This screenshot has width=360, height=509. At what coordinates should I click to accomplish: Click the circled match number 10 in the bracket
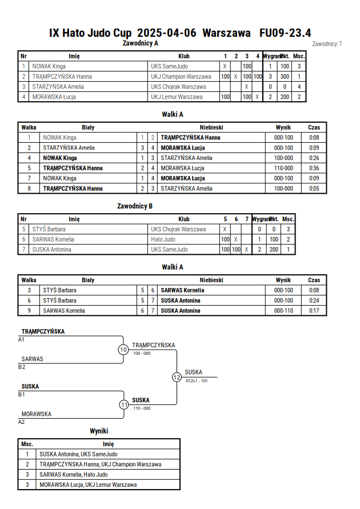pyautogui.click(x=123, y=350)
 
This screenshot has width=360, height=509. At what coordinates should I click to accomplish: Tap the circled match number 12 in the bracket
pyautogui.click(x=177, y=377)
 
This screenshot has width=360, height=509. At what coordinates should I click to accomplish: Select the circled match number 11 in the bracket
pyautogui.click(x=124, y=405)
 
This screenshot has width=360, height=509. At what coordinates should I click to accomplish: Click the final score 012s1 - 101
pyautogui.click(x=197, y=381)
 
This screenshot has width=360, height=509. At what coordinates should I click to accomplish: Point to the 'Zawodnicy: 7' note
pyautogui.click(x=327, y=44)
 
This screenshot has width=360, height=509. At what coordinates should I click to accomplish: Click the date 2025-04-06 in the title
pyautogui.click(x=167, y=33)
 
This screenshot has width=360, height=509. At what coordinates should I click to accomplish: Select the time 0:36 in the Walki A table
pyautogui.click(x=314, y=168)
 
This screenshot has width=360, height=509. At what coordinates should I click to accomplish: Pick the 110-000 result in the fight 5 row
pyautogui.click(x=283, y=168)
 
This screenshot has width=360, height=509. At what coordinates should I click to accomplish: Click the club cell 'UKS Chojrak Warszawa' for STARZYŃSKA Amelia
pyautogui.click(x=178, y=87)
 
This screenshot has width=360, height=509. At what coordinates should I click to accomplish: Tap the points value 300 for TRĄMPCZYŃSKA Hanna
pyautogui.click(x=285, y=77)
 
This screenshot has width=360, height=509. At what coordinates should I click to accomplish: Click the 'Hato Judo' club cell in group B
pyautogui.click(x=163, y=239)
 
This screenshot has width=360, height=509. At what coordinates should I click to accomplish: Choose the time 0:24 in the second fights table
pyautogui.click(x=314, y=300)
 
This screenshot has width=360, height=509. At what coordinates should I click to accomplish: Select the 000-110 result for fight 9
pyautogui.click(x=283, y=311)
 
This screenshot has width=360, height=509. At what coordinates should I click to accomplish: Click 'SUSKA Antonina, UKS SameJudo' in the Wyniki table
pyautogui.click(x=78, y=454)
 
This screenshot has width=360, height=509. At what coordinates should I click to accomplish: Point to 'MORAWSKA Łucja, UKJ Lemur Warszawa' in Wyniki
pyautogui.click(x=88, y=484)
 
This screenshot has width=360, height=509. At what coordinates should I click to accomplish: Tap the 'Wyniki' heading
pyautogui.click(x=99, y=431)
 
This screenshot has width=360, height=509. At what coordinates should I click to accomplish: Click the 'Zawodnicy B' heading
pyautogui.click(x=135, y=206)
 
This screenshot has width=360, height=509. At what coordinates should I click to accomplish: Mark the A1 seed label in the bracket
pyautogui.click(x=21, y=339)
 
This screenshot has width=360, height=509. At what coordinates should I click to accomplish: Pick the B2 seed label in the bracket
pyautogui.click(x=21, y=367)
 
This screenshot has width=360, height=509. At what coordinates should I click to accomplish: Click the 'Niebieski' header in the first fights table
pyautogui.click(x=211, y=127)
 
